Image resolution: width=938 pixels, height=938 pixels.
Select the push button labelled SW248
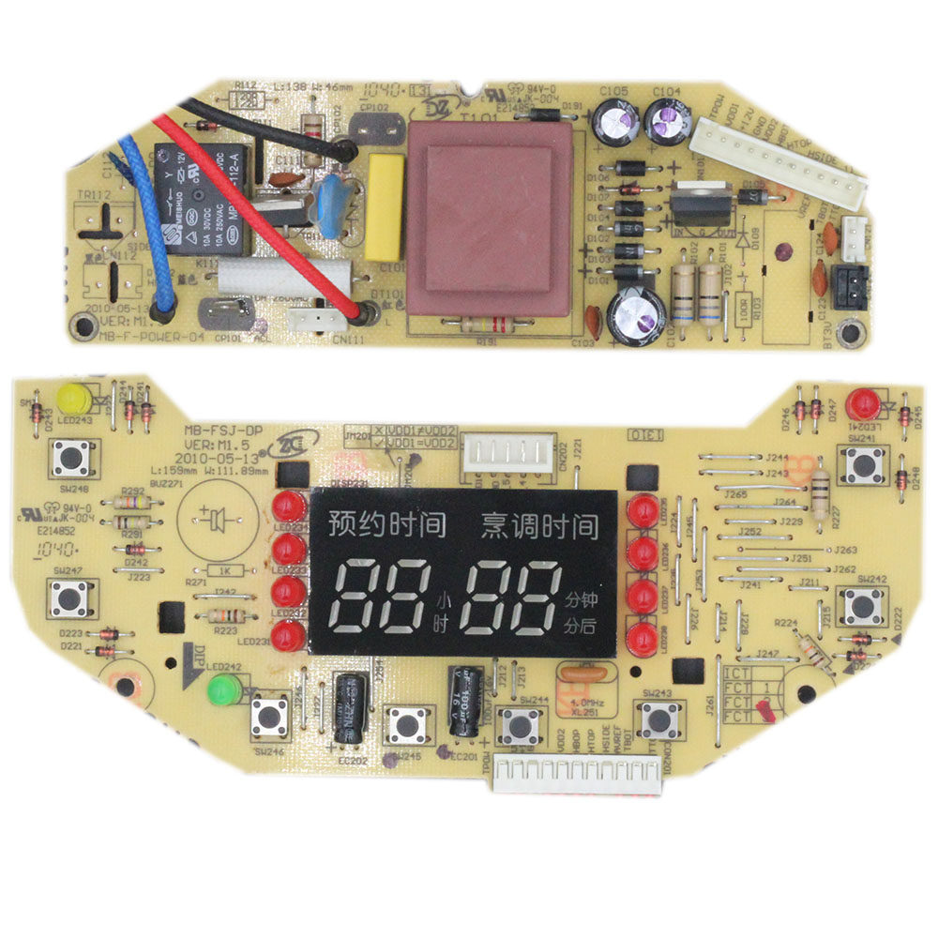tap(69, 461)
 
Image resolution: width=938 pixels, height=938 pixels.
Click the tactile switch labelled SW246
tap(270, 718)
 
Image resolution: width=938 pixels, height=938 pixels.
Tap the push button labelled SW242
tap(861, 605)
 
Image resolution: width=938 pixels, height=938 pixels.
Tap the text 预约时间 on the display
tap(386, 524)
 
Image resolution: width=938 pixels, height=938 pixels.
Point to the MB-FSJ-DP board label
tap(223, 431)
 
